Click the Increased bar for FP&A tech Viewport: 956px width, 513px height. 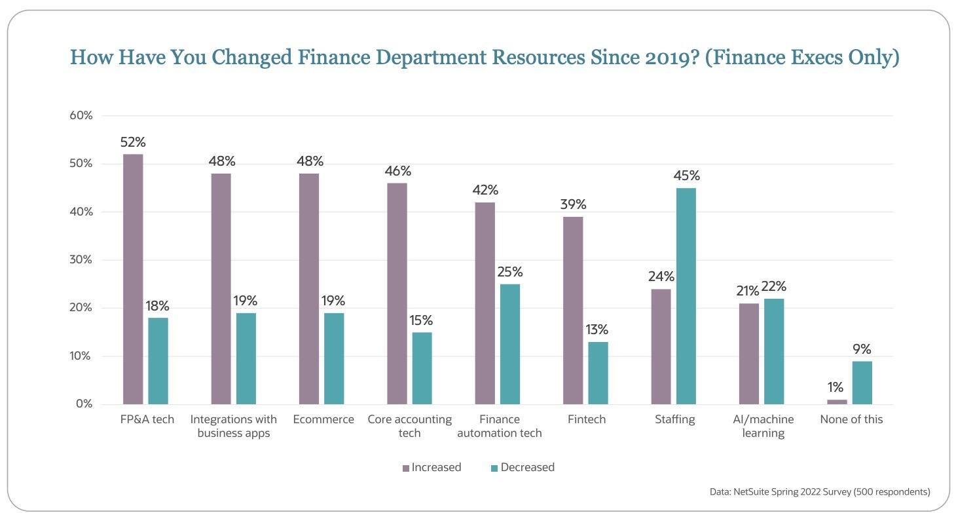click(x=133, y=279)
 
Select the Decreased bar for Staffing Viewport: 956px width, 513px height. click(x=686, y=296)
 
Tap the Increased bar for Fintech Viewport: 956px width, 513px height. click(x=573, y=311)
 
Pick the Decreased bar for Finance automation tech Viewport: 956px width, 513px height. click(x=510, y=344)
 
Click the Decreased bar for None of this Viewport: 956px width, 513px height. click(x=862, y=383)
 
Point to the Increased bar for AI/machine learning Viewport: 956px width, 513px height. click(x=749, y=354)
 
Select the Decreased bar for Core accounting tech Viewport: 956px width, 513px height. click(x=422, y=368)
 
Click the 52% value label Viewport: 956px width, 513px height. click(x=133, y=142)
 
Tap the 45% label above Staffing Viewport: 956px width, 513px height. click(x=686, y=176)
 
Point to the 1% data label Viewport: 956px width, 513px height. click(x=836, y=387)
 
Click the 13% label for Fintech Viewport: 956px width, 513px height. click(x=597, y=330)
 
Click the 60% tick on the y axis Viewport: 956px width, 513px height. click(x=81, y=116)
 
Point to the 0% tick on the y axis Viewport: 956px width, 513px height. click(x=84, y=404)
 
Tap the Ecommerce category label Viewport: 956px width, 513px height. click(x=323, y=420)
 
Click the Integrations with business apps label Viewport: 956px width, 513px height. click(x=234, y=427)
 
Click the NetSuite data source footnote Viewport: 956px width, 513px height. click(x=819, y=491)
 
